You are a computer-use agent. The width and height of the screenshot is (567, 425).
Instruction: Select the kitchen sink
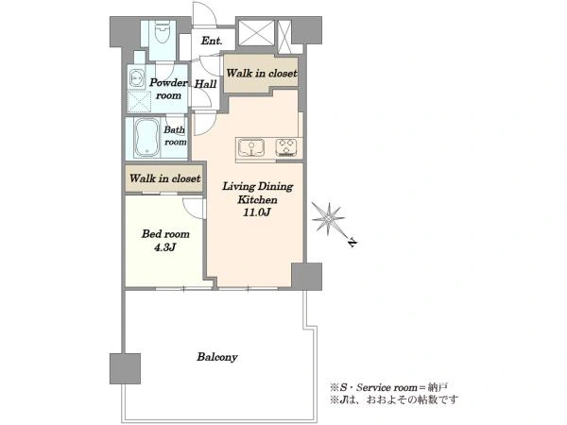251,148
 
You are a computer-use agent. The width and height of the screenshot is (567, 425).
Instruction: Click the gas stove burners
286,147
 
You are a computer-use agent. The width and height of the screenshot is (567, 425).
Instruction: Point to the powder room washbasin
136,77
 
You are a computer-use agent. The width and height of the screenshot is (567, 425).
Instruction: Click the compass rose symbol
328,218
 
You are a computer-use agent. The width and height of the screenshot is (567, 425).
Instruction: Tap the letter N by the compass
352,243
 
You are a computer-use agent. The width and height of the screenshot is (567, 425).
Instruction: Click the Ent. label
212,41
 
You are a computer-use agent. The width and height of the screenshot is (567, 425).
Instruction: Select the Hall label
205,84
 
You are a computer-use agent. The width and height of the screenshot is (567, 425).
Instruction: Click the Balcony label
217,357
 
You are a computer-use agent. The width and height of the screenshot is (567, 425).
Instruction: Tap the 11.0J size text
257,212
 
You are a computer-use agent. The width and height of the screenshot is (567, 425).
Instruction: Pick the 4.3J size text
164,247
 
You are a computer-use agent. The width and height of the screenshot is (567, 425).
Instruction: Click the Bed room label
165,234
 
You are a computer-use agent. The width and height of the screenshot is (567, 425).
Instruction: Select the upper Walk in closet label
262,74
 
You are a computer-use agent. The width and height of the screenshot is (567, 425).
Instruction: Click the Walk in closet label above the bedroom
164,178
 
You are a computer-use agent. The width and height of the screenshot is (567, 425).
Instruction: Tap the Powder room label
168,89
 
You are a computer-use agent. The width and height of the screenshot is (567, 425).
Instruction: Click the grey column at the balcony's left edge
125,368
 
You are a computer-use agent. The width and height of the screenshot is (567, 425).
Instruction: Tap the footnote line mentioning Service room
388,388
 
